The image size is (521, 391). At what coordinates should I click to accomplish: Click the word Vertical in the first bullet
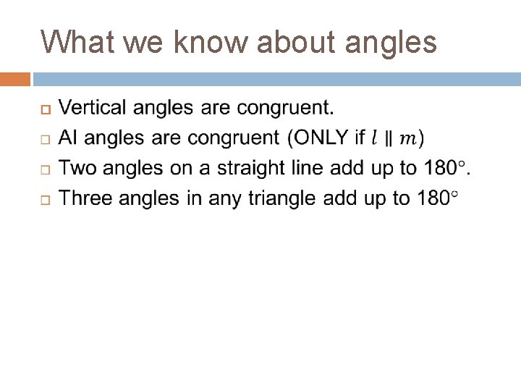tap(90, 109)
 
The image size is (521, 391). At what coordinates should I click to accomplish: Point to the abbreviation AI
tap(68, 138)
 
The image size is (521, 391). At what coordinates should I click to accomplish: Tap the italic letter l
tap(374, 138)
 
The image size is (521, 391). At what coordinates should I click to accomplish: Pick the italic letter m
tap(407, 138)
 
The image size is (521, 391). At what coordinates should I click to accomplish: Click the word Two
tap(75, 168)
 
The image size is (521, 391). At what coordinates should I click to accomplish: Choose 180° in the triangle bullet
tap(437, 198)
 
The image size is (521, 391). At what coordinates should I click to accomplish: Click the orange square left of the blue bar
tap(14, 79)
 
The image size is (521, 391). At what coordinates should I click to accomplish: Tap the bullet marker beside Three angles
tap(44, 198)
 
